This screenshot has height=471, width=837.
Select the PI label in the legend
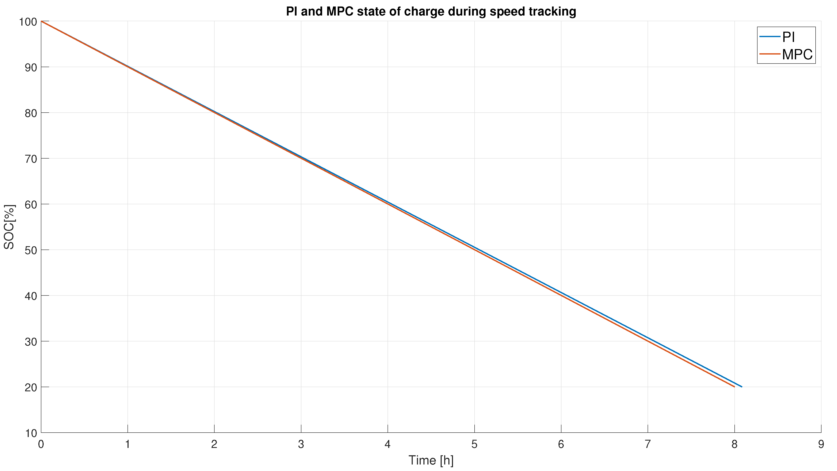pyautogui.click(x=789, y=37)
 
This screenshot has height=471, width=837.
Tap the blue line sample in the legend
pyautogui.click(x=770, y=37)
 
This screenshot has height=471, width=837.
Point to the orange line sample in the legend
pyautogui.click(x=770, y=54)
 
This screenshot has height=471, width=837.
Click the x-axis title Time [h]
pyautogui.click(x=431, y=460)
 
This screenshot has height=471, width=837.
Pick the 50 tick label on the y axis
pyautogui.click(x=31, y=250)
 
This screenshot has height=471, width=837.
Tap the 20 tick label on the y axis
pyautogui.click(x=31, y=387)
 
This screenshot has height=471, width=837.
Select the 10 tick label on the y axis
pyautogui.click(x=31, y=433)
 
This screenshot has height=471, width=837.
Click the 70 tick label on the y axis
pyautogui.click(x=31, y=159)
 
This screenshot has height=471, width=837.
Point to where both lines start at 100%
pyautogui.click(x=41, y=21)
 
